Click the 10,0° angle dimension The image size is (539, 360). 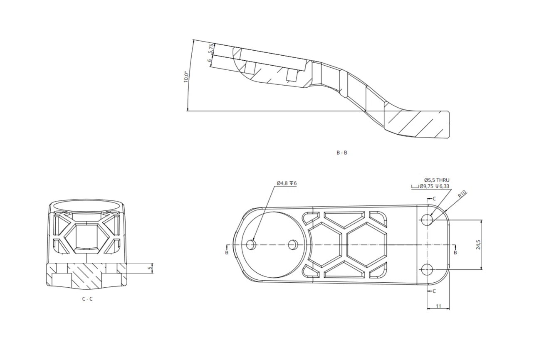(186, 77)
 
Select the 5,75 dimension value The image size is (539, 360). (211, 49)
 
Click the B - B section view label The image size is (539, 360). (342, 153)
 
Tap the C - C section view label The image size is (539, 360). (87, 299)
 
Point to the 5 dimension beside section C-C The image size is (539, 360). (151, 268)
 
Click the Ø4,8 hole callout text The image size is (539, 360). (287, 183)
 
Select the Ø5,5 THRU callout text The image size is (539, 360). (437, 180)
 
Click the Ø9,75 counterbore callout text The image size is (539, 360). (434, 186)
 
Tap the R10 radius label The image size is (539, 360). (462, 194)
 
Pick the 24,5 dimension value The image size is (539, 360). (478, 244)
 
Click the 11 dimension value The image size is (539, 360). (438, 306)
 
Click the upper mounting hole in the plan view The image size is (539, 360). (427, 219)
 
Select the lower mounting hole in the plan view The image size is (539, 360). (427, 269)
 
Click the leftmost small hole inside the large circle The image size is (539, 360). (251, 244)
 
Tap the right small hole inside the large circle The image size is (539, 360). (293, 244)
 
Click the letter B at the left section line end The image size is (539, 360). (226, 252)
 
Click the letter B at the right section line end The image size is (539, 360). (455, 252)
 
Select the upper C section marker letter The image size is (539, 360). (434, 199)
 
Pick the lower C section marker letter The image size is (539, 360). (434, 291)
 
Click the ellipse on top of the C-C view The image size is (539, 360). (87, 206)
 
